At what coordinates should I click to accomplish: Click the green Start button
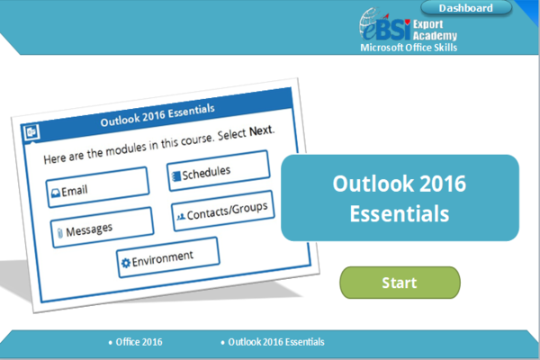click(x=399, y=283)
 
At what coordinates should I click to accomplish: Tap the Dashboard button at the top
click(x=465, y=8)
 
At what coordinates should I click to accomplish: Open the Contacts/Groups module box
click(x=221, y=213)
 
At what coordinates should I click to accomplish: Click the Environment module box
click(x=167, y=257)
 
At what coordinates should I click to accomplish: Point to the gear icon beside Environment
click(x=125, y=262)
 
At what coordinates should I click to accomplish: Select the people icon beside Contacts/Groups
click(x=180, y=217)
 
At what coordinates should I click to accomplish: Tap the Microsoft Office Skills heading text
click(x=408, y=47)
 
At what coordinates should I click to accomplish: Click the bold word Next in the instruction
click(x=261, y=130)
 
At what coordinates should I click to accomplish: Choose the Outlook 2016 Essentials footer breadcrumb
click(x=275, y=342)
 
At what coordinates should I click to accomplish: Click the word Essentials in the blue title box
click(x=399, y=214)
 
